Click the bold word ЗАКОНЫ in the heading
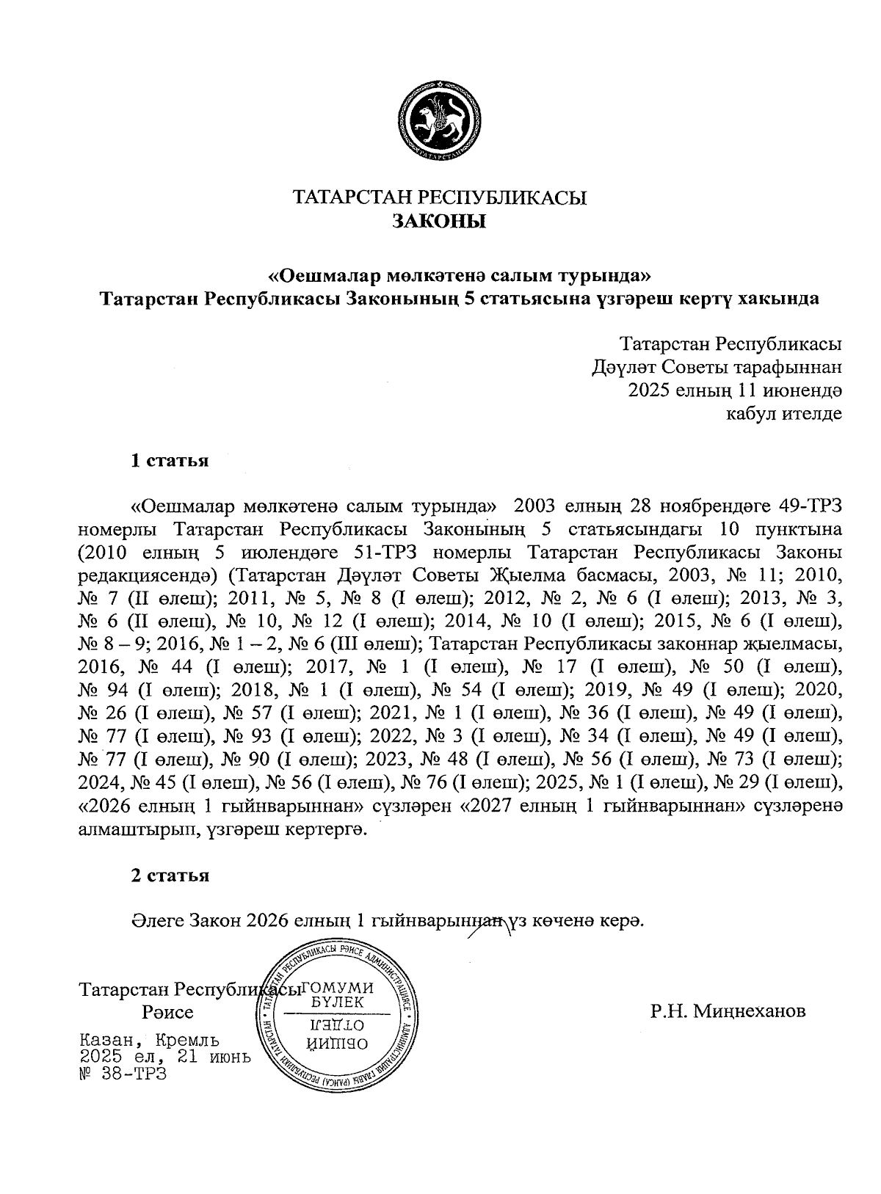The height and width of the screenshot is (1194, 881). click(x=439, y=221)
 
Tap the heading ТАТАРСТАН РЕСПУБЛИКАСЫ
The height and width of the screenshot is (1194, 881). click(x=439, y=198)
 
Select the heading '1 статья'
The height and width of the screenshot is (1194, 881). click(x=170, y=461)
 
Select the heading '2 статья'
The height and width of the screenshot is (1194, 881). click(x=170, y=875)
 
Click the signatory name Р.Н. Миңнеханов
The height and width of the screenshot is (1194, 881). click(x=728, y=1011)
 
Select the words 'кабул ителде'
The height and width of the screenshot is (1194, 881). click(x=783, y=413)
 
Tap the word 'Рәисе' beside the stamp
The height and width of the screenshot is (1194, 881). click(x=168, y=1013)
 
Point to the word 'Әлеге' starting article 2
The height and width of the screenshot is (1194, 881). click(x=156, y=920)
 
